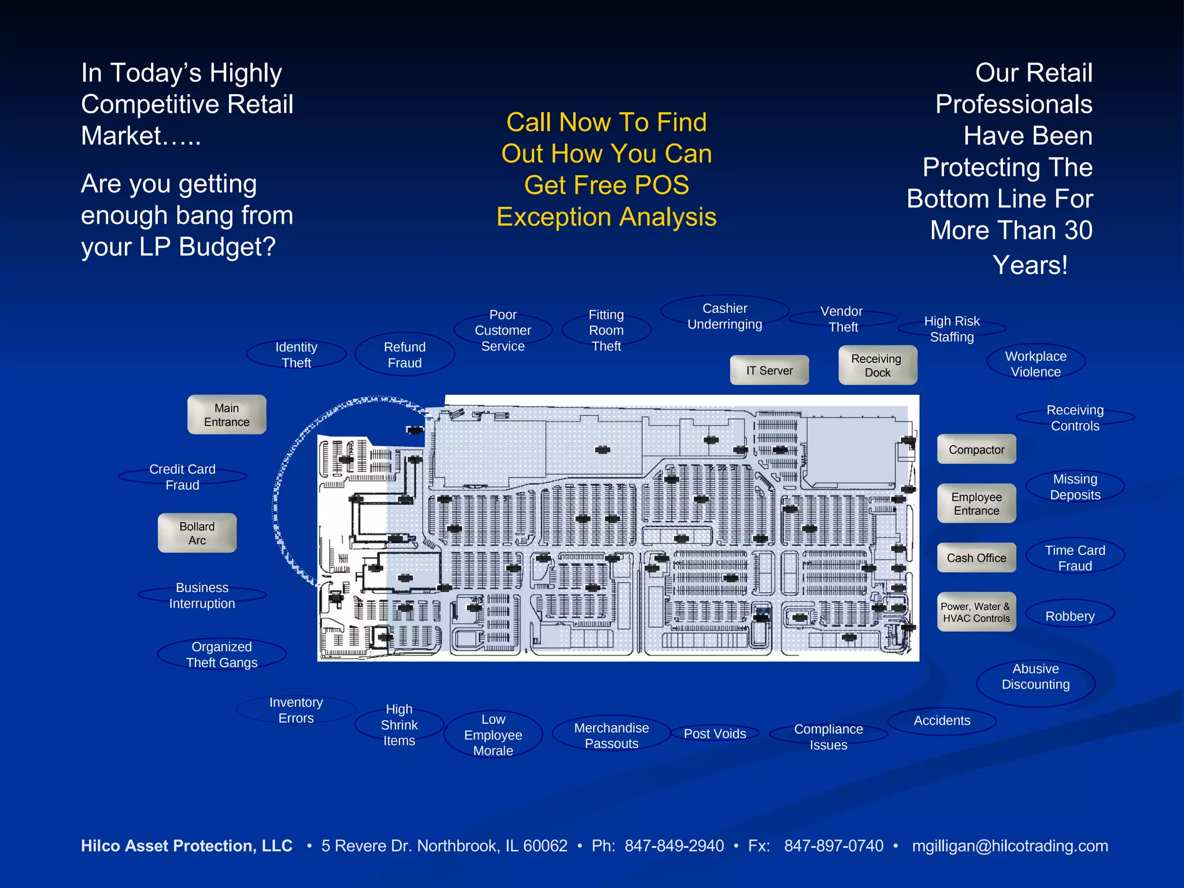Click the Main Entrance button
tap(227, 415)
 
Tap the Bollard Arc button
tap(197, 533)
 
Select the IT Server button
tap(769, 370)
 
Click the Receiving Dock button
tap(877, 365)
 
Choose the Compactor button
tap(976, 449)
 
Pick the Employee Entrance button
tap(976, 504)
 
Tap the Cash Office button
tap(976, 558)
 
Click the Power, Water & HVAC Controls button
tap(976, 612)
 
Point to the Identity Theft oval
tap(296, 354)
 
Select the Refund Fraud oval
tap(405, 354)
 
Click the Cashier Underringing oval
tap(725, 316)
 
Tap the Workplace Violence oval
tap(1035, 364)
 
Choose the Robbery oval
tap(1070, 616)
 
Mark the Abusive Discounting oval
tap(1035, 676)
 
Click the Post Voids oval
tap(715, 734)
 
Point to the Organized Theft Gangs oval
tap(221, 654)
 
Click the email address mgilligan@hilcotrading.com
tap(1009, 846)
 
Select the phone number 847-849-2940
tap(674, 846)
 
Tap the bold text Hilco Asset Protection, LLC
tap(187, 846)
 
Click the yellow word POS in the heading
tap(661, 185)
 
